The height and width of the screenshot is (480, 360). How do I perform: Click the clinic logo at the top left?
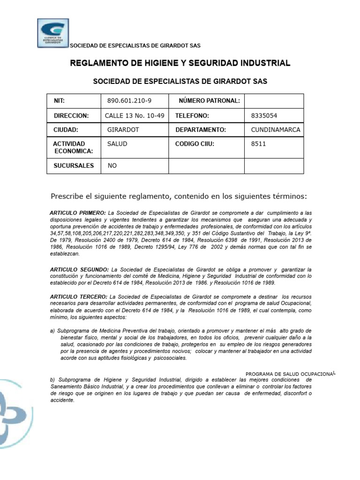point(53,33)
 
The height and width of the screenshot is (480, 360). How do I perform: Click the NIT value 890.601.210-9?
point(129,101)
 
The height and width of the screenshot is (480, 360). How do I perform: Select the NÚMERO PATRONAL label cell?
point(210,101)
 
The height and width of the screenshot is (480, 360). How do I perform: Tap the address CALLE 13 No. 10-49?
point(135,115)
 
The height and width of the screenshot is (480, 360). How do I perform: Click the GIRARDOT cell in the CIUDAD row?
point(123,129)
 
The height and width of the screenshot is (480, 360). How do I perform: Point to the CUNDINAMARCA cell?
point(276,129)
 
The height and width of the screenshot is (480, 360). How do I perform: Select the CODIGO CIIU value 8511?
point(259,144)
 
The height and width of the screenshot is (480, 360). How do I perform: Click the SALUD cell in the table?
point(117,144)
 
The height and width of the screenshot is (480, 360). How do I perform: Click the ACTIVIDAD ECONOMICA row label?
point(73,147)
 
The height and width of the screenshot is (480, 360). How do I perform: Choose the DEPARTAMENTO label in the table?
point(201,129)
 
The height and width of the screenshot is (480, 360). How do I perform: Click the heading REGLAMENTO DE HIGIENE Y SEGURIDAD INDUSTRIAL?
point(180,63)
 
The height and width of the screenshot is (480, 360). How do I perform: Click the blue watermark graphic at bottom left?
point(14,408)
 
